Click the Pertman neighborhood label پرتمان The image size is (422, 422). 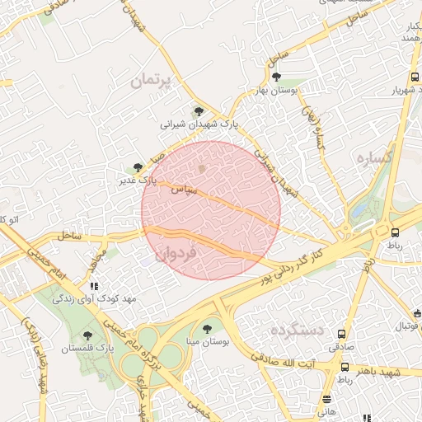click(x=154, y=81)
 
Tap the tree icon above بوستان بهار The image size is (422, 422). click(x=275, y=77)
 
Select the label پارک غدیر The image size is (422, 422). click(x=135, y=179)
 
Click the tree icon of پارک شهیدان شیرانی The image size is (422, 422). click(x=198, y=112)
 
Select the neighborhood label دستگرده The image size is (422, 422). click(x=294, y=331)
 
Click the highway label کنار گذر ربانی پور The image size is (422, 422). click(x=304, y=258)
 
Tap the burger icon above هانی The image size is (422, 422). click(x=327, y=400)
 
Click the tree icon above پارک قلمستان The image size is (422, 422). click(x=88, y=335)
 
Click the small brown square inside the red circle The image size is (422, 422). click(x=203, y=168)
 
